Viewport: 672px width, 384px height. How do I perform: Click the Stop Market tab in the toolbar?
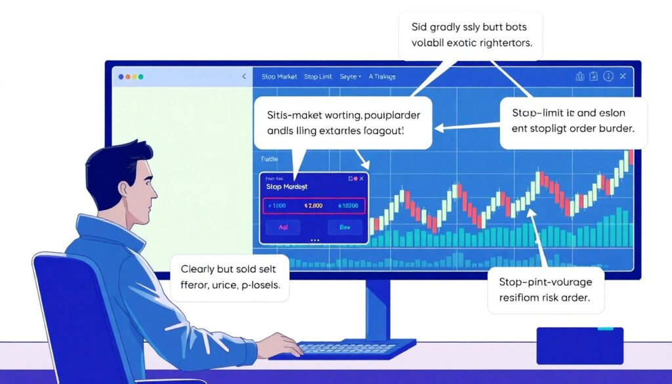(279, 77)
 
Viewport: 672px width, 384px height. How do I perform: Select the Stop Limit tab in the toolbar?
(318, 77)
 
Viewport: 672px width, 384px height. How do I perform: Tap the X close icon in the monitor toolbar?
(623, 76)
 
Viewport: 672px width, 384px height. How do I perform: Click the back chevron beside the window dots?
(244, 77)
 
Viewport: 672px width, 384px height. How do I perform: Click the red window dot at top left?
(121, 77)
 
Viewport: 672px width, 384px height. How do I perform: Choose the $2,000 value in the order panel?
(314, 205)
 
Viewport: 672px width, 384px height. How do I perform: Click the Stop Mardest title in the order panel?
(286, 187)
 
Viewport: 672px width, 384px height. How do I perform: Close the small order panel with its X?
(362, 178)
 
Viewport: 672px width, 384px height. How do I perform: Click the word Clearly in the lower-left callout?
(199, 269)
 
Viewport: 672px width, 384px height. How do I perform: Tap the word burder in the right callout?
(615, 128)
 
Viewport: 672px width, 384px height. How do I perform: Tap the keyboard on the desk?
(341, 347)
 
